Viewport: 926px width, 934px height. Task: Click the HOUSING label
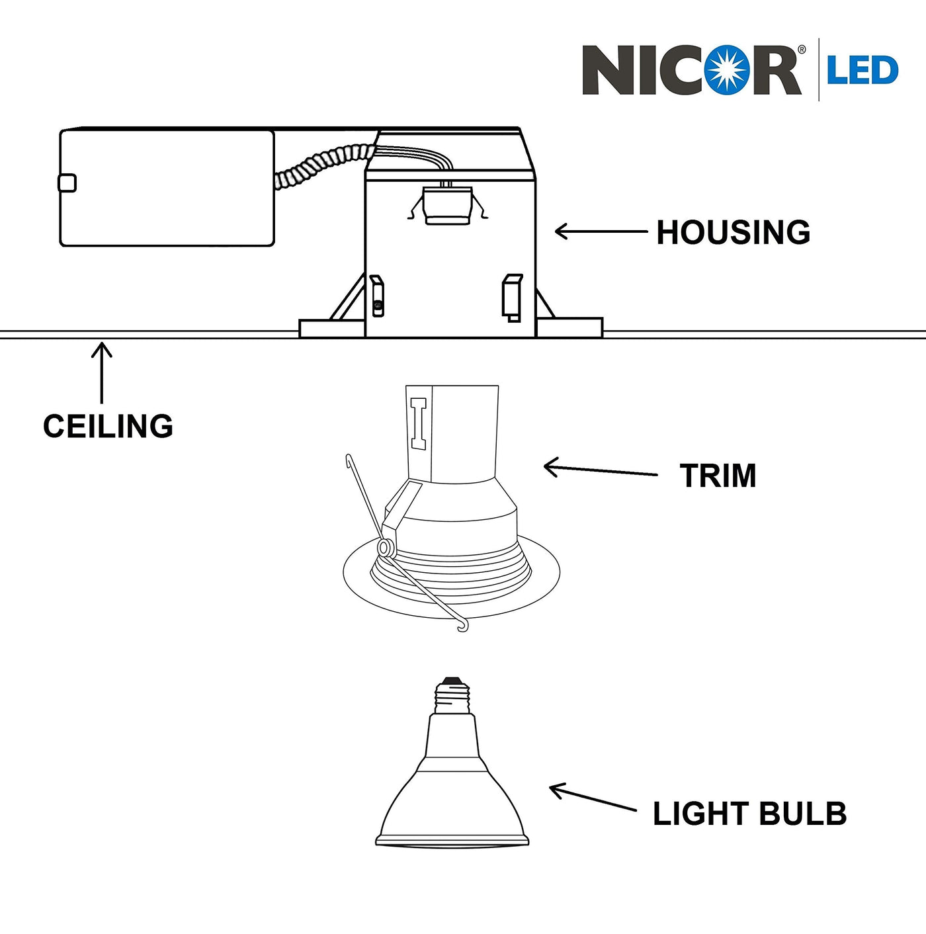point(733,233)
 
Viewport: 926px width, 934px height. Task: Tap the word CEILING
point(108,427)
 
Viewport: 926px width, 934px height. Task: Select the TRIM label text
point(718,476)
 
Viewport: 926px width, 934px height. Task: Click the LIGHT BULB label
point(749,814)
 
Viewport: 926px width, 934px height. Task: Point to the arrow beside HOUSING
point(600,232)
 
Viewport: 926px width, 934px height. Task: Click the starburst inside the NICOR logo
point(726,69)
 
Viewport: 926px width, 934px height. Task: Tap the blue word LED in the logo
point(862,71)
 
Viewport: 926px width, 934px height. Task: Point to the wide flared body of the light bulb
point(452,807)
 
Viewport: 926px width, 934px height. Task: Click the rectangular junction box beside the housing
point(167,189)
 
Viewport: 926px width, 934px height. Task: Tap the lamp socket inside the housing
point(447,205)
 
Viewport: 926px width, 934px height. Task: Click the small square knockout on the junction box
point(67,183)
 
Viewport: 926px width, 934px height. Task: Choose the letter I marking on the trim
point(419,423)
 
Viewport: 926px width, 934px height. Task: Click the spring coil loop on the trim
point(384,547)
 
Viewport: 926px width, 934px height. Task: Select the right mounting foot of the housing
point(569,327)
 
